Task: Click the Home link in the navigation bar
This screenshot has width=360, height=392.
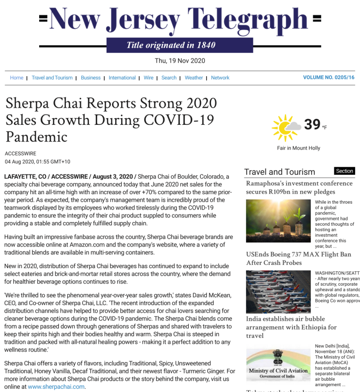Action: coord(17,77)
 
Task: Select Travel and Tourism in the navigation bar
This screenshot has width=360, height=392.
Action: coord(52,77)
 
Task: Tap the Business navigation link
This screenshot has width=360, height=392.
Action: coord(90,77)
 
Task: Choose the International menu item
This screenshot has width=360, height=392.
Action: coord(122,77)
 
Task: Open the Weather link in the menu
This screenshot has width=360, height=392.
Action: coord(193,77)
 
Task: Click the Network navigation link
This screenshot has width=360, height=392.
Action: coord(220,77)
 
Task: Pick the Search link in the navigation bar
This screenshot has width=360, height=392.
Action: coord(169,77)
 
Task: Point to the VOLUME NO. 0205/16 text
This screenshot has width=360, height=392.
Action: coord(328,77)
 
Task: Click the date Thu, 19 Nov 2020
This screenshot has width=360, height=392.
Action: coord(180,61)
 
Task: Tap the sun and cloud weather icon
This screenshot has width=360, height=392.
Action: coord(285,128)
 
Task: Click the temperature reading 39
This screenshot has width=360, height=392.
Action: coord(312,124)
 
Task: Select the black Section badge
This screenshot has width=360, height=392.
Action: coord(345,171)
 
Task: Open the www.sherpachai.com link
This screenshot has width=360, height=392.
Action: coord(56,387)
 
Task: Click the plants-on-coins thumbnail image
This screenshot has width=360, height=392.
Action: coord(278,221)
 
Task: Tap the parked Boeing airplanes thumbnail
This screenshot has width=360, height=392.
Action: coord(278,292)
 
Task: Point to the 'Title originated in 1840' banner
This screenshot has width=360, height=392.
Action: coord(171,45)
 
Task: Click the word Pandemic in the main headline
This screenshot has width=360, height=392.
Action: coord(36,137)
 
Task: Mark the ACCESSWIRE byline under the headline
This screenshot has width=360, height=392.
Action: coord(21,154)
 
